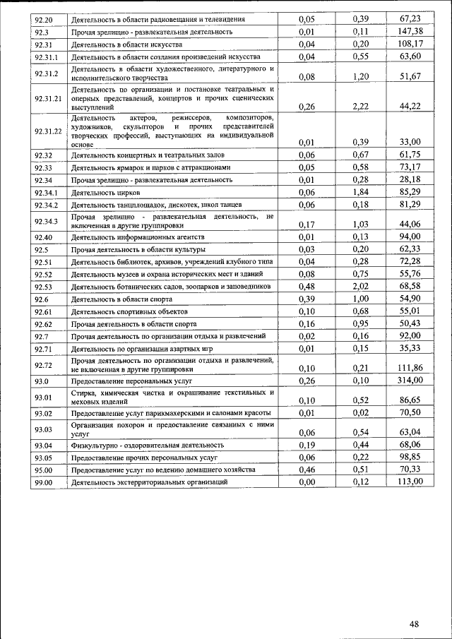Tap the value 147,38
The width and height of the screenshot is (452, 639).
pyautogui.click(x=410, y=32)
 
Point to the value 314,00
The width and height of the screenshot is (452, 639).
pyautogui.click(x=410, y=380)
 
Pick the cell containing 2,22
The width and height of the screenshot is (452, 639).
pyautogui.click(x=361, y=106)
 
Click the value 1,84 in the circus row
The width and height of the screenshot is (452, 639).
pyautogui.click(x=361, y=191)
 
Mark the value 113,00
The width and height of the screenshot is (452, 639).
pyautogui.click(x=410, y=482)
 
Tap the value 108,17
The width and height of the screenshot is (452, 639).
pyautogui.click(x=410, y=44)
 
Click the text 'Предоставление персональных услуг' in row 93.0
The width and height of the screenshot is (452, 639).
pyautogui.click(x=131, y=381)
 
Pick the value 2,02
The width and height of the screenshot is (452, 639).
pyautogui.click(x=361, y=286)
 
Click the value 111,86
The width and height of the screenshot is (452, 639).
pyautogui.click(x=410, y=368)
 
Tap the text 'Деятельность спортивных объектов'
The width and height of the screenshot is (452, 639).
pyautogui.click(x=129, y=311)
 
